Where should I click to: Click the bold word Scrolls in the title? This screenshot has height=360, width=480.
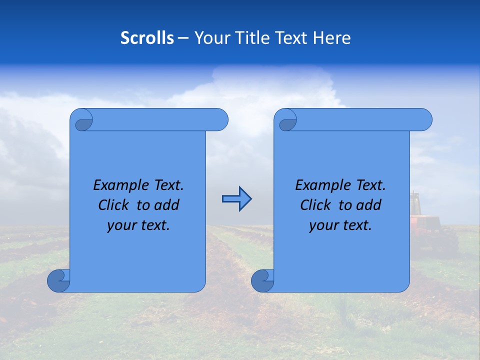coord(147,38)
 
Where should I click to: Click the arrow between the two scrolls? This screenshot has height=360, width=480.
coord(236,199)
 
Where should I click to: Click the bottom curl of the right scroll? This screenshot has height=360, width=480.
coord(263,280)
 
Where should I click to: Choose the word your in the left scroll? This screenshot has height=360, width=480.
coord(120,226)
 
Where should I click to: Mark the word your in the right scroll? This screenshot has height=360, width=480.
coord(322,226)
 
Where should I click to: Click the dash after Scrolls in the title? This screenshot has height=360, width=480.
coord(183,38)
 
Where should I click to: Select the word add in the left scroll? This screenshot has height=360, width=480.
coord(167,205)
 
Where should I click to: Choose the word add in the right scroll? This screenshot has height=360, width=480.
coord(369,205)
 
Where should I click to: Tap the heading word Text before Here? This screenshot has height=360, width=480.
coord(295,38)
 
